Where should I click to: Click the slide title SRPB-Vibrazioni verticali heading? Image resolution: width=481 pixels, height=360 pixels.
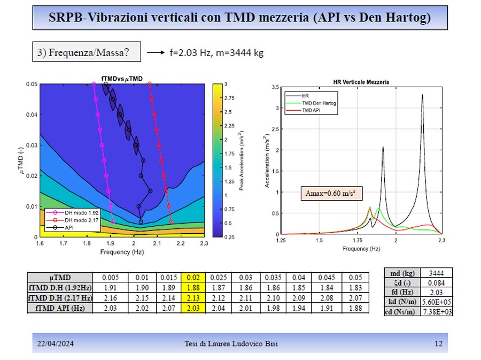coord(240,18)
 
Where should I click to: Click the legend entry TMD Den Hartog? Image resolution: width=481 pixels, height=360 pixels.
coord(320,103)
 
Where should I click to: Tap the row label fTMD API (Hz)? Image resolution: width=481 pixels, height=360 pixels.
coord(59,308)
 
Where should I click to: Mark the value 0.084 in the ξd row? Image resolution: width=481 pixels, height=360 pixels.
coord(438,282)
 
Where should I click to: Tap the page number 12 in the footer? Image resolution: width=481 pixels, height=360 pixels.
coord(439,343)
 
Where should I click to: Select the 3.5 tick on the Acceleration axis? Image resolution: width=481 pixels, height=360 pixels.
coord(275,87)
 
